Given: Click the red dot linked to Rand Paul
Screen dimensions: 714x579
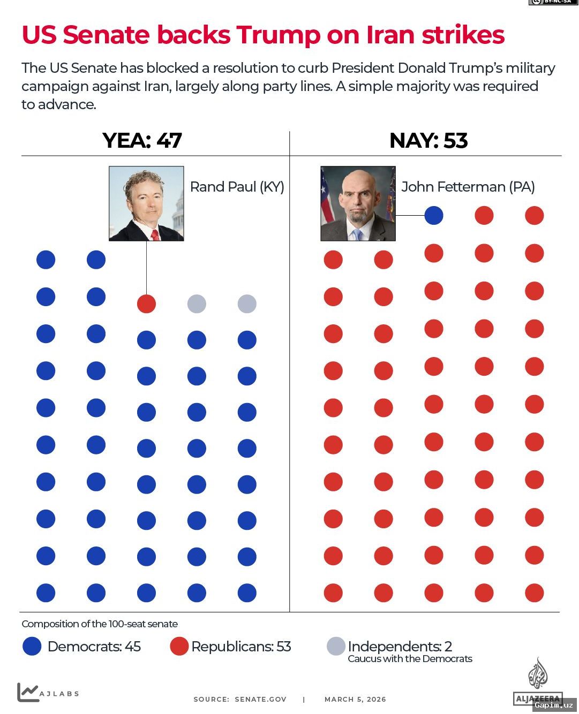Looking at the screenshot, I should click(146, 303).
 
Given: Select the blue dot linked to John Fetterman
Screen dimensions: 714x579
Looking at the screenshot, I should click(433, 215).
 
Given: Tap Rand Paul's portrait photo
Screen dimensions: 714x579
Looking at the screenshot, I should click(146, 203).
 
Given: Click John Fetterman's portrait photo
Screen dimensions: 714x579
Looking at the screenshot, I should click(358, 203).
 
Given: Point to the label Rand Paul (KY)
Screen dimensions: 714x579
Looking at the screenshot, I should click(237, 187).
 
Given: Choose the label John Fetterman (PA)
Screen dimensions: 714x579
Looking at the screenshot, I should click(468, 187).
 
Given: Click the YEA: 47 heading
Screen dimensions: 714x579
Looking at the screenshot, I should click(142, 140).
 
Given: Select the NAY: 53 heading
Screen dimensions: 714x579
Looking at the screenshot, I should click(428, 140).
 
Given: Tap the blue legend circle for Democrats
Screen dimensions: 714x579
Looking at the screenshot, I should click(32, 646).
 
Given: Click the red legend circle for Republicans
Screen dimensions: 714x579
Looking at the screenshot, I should click(179, 646).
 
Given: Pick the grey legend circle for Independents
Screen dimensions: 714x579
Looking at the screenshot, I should click(336, 646).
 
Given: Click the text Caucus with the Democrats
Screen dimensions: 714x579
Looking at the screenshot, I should click(410, 659).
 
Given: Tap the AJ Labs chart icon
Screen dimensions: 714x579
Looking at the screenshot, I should click(27, 692).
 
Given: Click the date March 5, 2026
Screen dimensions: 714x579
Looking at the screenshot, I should click(355, 699).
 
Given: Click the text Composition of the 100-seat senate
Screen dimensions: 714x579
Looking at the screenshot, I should click(100, 624).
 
